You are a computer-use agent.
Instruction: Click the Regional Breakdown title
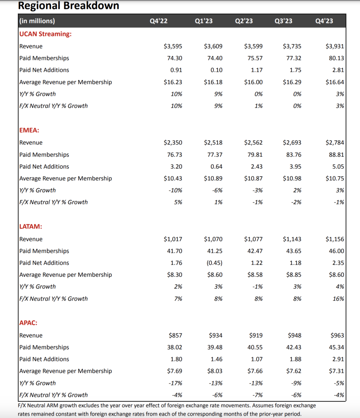[x=69, y=6]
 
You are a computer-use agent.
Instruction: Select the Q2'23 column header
[x=244, y=21]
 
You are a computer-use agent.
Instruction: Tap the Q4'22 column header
[x=159, y=21]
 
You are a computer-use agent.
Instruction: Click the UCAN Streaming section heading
[x=45, y=34]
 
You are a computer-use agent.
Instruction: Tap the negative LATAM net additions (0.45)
[x=214, y=263]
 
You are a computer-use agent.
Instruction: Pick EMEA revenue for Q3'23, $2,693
[x=292, y=142]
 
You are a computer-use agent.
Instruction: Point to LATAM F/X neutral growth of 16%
[x=338, y=299]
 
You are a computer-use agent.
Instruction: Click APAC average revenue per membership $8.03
[x=215, y=371]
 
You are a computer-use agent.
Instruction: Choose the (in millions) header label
[x=37, y=21]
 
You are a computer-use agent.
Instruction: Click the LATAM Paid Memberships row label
[x=44, y=251]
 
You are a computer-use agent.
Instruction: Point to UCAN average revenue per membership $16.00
[x=253, y=82]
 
